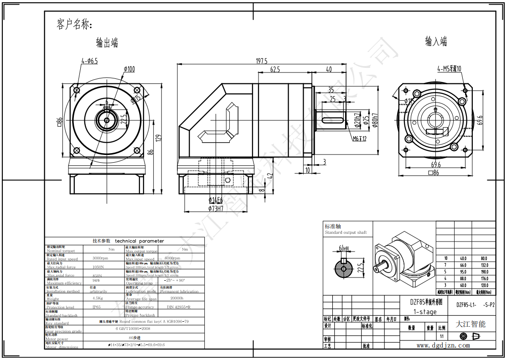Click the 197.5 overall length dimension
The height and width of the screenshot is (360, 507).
pyautogui.click(x=261, y=61)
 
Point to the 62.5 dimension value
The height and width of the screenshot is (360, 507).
pyautogui.click(x=275, y=70)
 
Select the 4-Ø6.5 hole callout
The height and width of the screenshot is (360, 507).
pyautogui.click(x=89, y=60)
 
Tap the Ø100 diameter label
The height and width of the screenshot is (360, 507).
pyautogui.click(x=129, y=69)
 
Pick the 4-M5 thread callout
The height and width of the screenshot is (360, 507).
pyautogui.click(x=449, y=69)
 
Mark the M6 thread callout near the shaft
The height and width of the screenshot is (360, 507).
pyautogui.click(x=359, y=139)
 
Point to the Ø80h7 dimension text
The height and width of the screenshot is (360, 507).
pyautogui.click(x=375, y=120)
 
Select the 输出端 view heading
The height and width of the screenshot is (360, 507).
pyautogui.click(x=107, y=43)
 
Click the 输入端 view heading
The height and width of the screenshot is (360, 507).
pyautogui.click(x=436, y=42)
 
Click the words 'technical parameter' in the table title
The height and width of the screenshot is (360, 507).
pyautogui.click(x=140, y=241)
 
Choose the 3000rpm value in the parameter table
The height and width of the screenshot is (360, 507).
pyautogui.click(x=100, y=258)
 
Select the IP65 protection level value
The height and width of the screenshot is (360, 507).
pyautogui.click(x=97, y=307)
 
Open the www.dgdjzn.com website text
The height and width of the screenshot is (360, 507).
pyautogui.click(x=443, y=345)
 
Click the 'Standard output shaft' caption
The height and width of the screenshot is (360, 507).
pyautogui.click(x=346, y=232)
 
